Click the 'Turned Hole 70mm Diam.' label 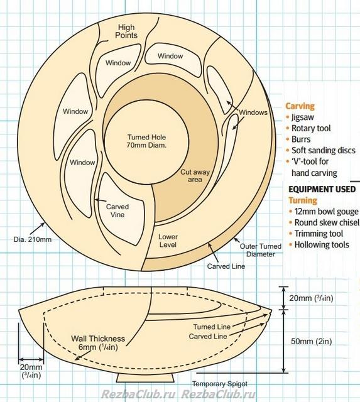click(146, 141)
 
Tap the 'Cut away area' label click(195, 176)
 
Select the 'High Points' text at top click(126, 31)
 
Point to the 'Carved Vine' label click(117, 210)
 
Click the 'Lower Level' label click(168, 241)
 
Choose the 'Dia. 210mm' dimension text click(33, 239)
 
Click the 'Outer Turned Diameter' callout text click(261, 250)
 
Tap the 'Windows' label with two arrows click(253, 112)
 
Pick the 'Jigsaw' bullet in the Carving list click(303, 117)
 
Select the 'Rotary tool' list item click(311, 128)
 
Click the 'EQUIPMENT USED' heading click(322, 189)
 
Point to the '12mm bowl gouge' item click(326, 212)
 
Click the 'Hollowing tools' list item click(322, 244)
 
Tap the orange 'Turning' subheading click(303, 200)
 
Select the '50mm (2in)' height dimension click(311, 341)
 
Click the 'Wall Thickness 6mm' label click(98, 343)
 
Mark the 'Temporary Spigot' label click(220, 384)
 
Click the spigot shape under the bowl click(145, 378)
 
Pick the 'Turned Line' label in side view click(212, 327)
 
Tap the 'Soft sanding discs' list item click(324, 150)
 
